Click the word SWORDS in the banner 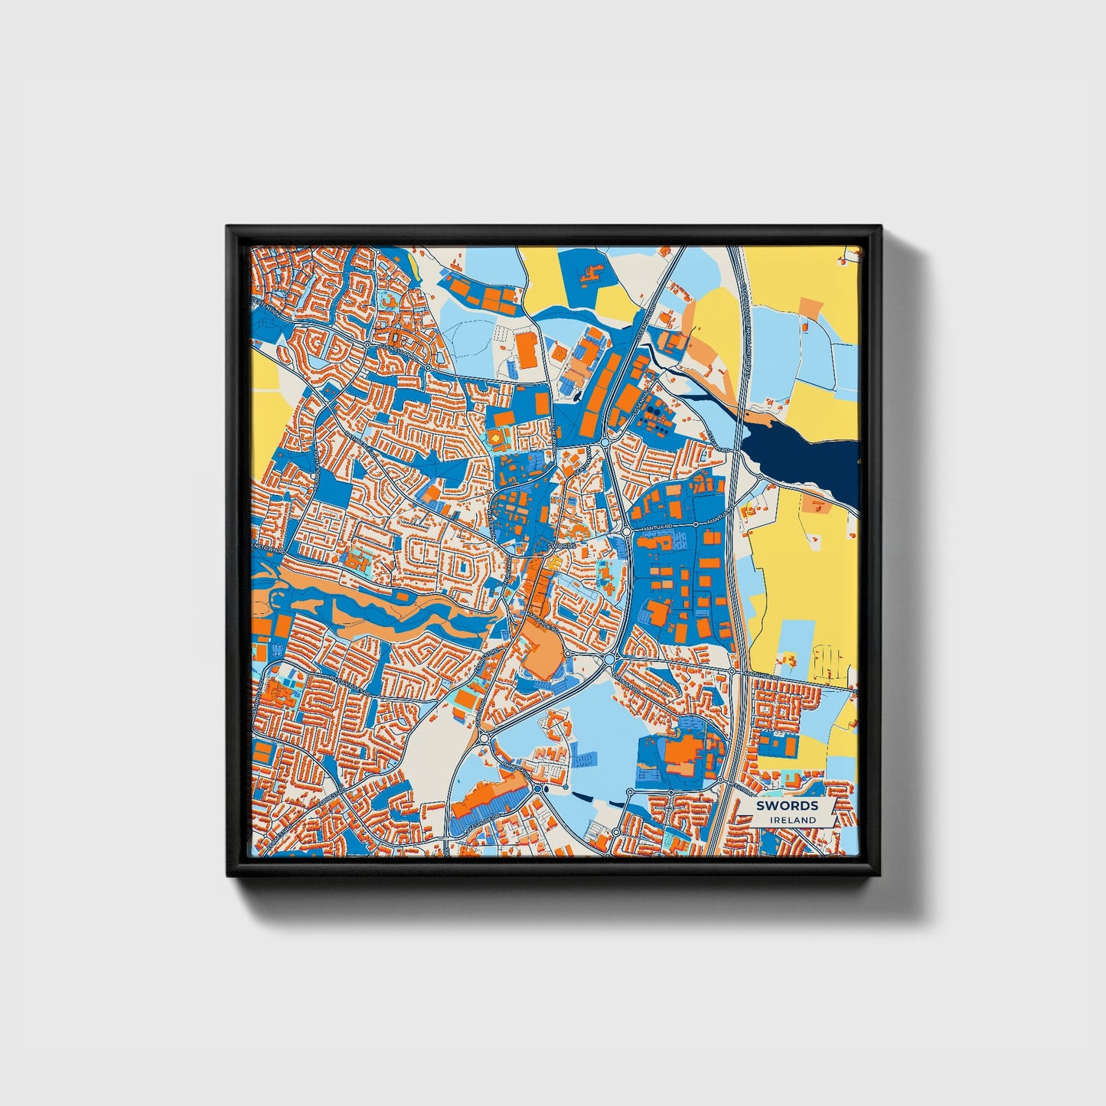pos(788,805)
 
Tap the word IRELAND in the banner pos(793,820)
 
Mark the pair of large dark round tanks pos(654,410)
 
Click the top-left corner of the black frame pos(227,227)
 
